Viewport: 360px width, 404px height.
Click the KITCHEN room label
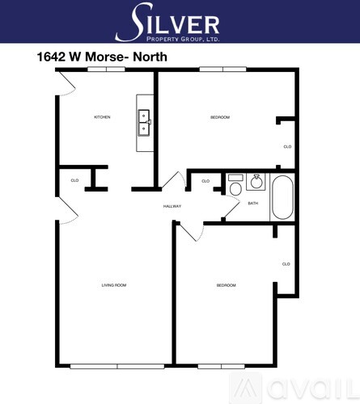[102, 117]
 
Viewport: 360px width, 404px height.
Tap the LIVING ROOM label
[114, 285]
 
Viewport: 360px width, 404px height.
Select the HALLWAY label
[172, 206]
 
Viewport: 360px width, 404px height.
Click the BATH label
[253, 204]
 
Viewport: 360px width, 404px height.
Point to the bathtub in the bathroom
[282, 197]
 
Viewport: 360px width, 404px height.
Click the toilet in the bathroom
[235, 185]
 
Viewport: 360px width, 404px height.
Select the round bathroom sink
[256, 182]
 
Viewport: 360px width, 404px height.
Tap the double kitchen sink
[144, 123]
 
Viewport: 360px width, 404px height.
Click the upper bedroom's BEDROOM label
[220, 117]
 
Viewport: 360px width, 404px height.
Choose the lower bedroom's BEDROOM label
[226, 285]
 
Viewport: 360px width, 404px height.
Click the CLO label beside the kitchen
[74, 180]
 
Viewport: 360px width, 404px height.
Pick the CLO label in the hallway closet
[205, 181]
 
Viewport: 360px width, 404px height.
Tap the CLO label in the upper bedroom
[287, 147]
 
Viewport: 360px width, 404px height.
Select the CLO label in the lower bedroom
[286, 264]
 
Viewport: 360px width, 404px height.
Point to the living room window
[117, 366]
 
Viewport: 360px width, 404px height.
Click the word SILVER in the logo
[167, 22]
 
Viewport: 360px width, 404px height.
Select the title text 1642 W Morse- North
[102, 57]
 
